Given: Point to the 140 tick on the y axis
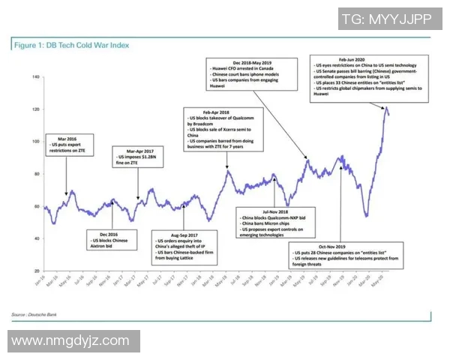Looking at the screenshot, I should click(x=36, y=77).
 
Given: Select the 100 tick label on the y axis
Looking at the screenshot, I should click(x=36, y=142).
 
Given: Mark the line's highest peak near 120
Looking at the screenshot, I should click(x=386, y=109).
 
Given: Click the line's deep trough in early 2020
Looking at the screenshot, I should click(x=367, y=216).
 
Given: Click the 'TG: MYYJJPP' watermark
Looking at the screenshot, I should click(x=386, y=19).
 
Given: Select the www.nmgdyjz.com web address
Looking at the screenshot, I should click(x=71, y=341).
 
